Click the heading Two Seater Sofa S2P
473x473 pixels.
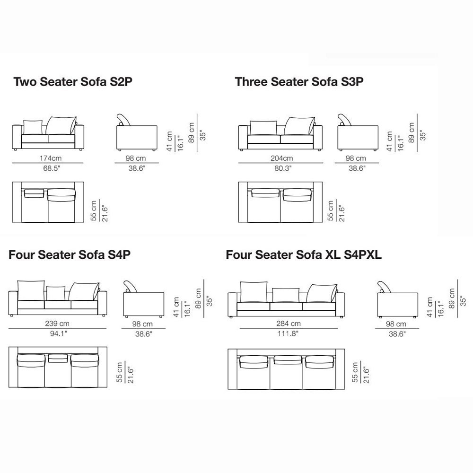click(73, 82)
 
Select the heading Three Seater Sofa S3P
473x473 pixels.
click(299, 82)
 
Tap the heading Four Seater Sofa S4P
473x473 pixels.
click(70, 255)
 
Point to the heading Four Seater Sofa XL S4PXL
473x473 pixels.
click(304, 255)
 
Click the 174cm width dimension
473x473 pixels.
click(51, 158)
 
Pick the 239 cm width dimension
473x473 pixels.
click(57, 324)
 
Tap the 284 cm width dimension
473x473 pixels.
click(289, 324)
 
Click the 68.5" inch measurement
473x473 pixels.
click(52, 168)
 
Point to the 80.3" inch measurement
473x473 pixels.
click(283, 168)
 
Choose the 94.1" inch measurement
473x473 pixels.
click(58, 333)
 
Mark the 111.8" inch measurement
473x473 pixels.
click(288, 333)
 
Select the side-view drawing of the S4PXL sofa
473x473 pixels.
click(397, 299)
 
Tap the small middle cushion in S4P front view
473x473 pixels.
click(56, 294)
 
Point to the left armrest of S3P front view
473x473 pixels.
click(243, 138)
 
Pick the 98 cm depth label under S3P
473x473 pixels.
click(356, 158)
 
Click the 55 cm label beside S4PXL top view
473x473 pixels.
click(355, 373)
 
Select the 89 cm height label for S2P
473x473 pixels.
click(191, 132)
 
